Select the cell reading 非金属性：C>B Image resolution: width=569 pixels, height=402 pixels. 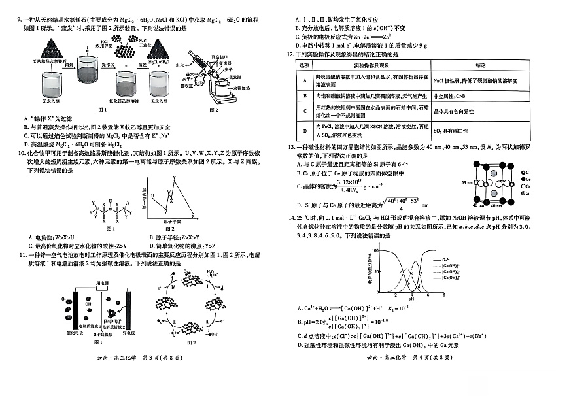click(450, 96)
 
